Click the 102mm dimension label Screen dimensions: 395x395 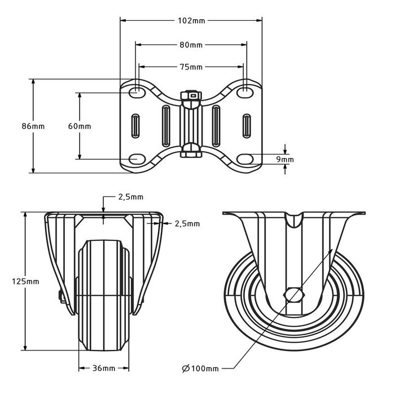[191, 21]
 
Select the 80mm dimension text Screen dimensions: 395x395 [191, 44]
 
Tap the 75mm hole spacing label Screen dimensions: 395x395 [191, 67]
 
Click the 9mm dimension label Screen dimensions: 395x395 [286, 160]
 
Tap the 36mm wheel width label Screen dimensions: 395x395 [104, 368]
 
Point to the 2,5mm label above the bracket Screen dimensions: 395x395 [130, 197]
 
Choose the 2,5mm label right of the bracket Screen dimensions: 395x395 [187, 223]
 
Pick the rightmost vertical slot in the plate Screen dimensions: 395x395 [247, 125]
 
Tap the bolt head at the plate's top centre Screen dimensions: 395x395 [191, 96]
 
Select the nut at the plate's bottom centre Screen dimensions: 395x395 [191, 151]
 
